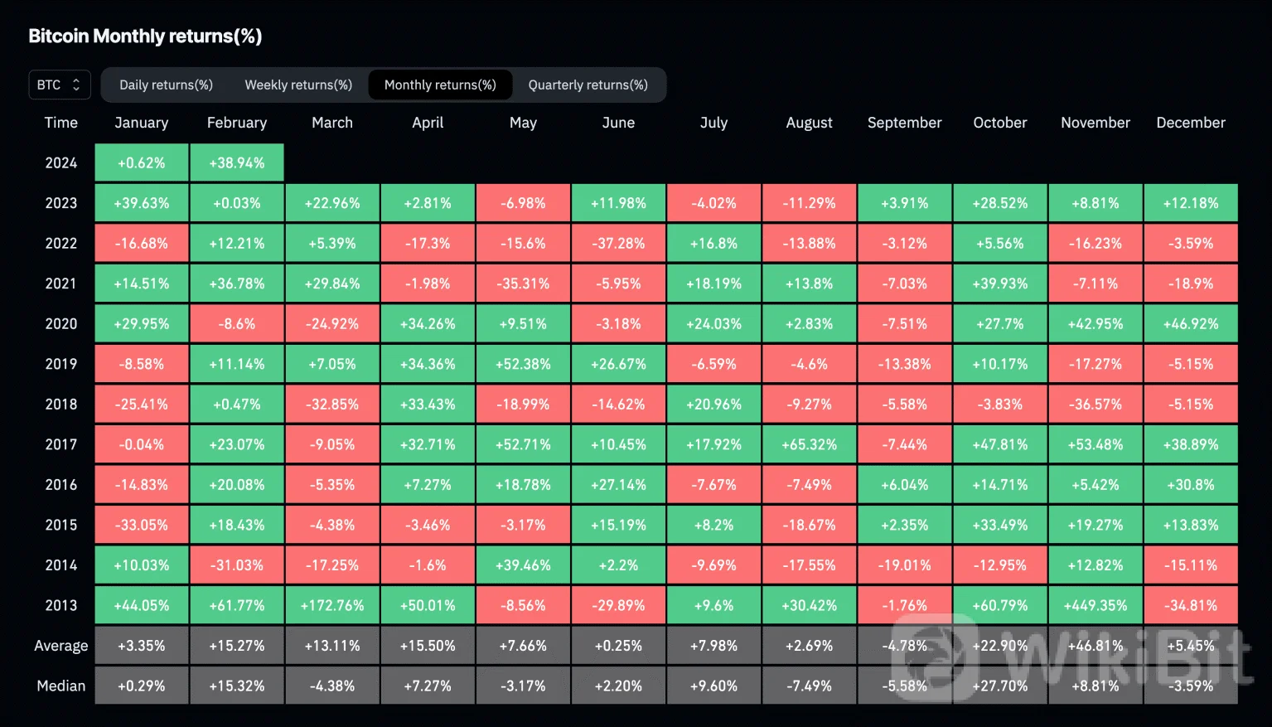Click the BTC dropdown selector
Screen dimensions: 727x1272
pyautogui.click(x=59, y=85)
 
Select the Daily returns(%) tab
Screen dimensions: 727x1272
pyautogui.click(x=166, y=85)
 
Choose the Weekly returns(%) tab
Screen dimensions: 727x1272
pyautogui.click(x=298, y=85)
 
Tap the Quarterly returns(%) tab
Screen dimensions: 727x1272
pyautogui.click(x=588, y=85)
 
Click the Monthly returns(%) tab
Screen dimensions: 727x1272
pyautogui.click(x=440, y=85)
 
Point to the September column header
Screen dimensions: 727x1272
pyautogui.click(x=904, y=123)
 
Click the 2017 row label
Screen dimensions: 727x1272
pyautogui.click(x=60, y=444)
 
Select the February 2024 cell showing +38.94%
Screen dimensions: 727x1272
pyautogui.click(x=237, y=162)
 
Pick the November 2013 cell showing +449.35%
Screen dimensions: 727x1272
pyautogui.click(x=1095, y=605)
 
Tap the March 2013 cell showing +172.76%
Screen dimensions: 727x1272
pyautogui.click(x=332, y=605)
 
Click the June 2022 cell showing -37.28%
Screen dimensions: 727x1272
pyautogui.click(x=618, y=244)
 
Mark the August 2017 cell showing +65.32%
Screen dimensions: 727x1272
pyautogui.click(x=809, y=444)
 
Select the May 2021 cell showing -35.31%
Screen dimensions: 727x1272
pyautogui.click(x=523, y=284)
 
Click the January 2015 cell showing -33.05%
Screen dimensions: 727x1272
pyautogui.click(x=142, y=525)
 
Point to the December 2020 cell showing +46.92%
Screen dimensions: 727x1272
pyautogui.click(x=1191, y=324)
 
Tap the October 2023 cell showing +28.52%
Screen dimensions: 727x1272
pyautogui.click(x=1000, y=203)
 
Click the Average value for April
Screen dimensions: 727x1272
pyautogui.click(x=428, y=646)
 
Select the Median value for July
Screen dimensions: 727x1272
pyautogui.click(x=713, y=686)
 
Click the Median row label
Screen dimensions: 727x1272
pyautogui.click(x=60, y=686)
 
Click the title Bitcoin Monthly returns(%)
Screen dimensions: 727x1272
pyautogui.click(x=145, y=36)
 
